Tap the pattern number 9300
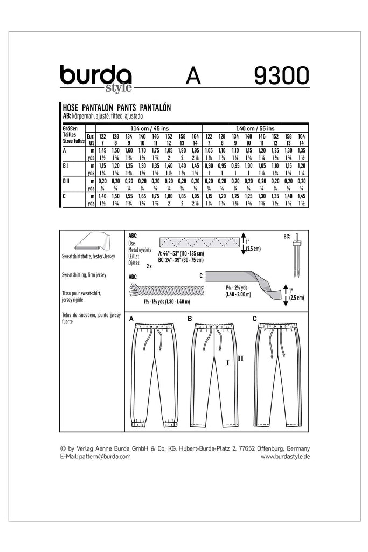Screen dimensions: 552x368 (275, 75)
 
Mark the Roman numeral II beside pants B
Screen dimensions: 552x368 (240, 358)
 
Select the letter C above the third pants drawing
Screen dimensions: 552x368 (255, 319)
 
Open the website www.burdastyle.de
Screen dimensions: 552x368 (285, 457)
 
